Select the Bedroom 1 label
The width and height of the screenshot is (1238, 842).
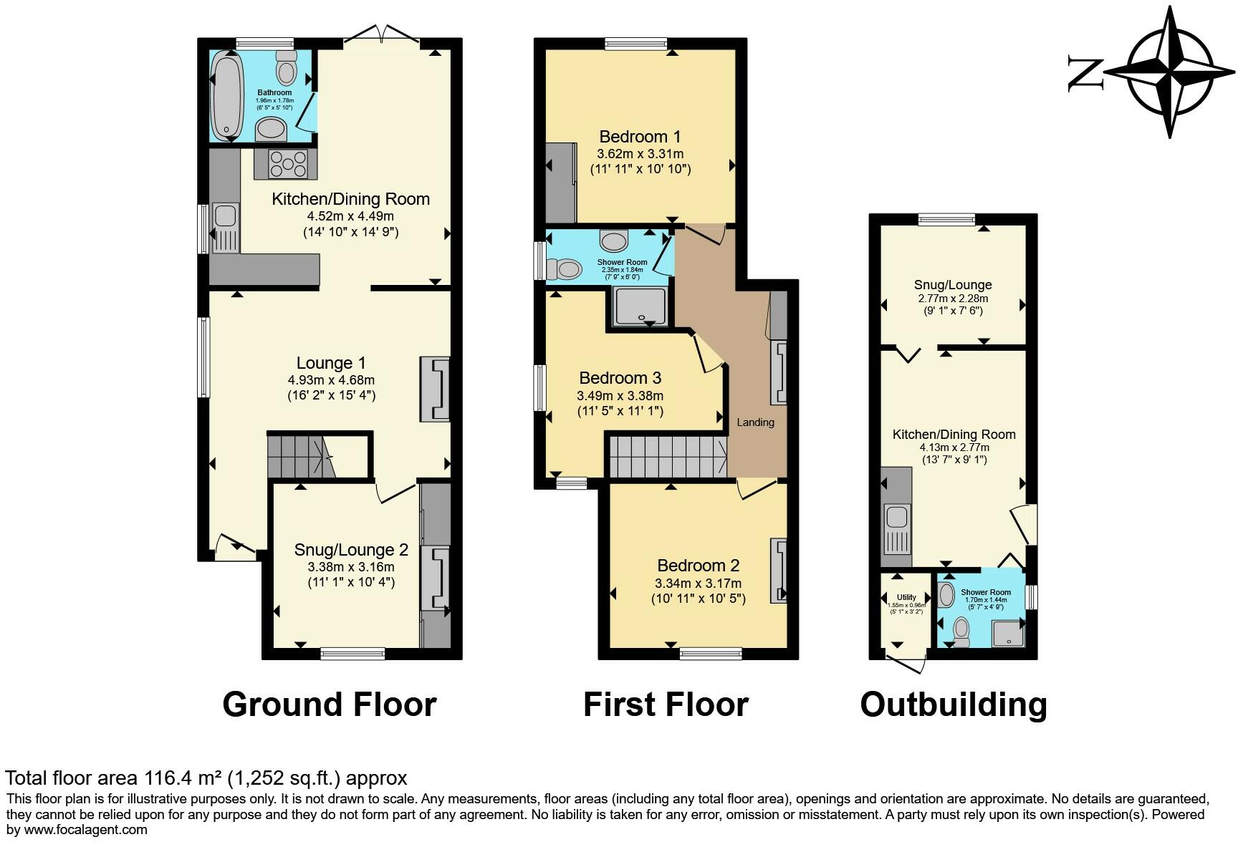(640, 136)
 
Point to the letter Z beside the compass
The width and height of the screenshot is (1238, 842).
(1085, 72)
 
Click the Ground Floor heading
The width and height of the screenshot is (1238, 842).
(329, 704)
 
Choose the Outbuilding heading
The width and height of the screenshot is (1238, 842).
(953, 704)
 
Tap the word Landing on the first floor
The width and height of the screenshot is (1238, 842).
(755, 422)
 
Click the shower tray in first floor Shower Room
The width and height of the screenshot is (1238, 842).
(640, 306)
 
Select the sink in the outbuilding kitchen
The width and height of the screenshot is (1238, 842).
(896, 517)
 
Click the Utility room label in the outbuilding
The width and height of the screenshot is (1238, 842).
(906, 597)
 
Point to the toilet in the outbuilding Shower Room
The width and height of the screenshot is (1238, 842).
(961, 631)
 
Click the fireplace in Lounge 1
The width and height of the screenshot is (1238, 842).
(436, 389)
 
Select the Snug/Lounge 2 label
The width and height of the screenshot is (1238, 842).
(351, 550)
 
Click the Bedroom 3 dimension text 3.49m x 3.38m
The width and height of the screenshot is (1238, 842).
(620, 396)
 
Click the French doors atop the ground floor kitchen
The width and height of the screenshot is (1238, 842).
(382, 34)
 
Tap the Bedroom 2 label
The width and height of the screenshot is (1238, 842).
(698, 565)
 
